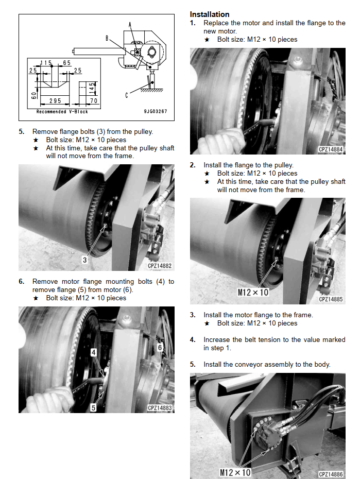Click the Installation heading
click(210, 14)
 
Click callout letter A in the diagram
click(130, 25)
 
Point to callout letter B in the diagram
click(107, 38)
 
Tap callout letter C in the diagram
click(127, 95)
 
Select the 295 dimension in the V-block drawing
click(55, 100)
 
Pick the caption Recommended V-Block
click(62, 111)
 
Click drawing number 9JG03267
click(156, 111)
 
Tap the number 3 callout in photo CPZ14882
click(84, 260)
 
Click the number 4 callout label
click(93, 352)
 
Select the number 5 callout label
click(93, 407)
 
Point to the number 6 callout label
click(160, 347)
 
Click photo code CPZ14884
click(331, 149)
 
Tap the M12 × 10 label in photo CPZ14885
click(253, 293)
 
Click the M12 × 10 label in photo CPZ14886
click(235, 473)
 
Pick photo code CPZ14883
click(160, 408)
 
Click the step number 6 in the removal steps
click(21, 281)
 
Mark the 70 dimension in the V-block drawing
click(94, 100)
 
